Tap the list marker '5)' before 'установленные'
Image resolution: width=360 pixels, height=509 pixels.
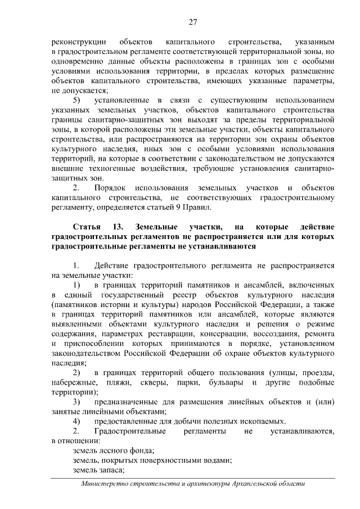point(78,100)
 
